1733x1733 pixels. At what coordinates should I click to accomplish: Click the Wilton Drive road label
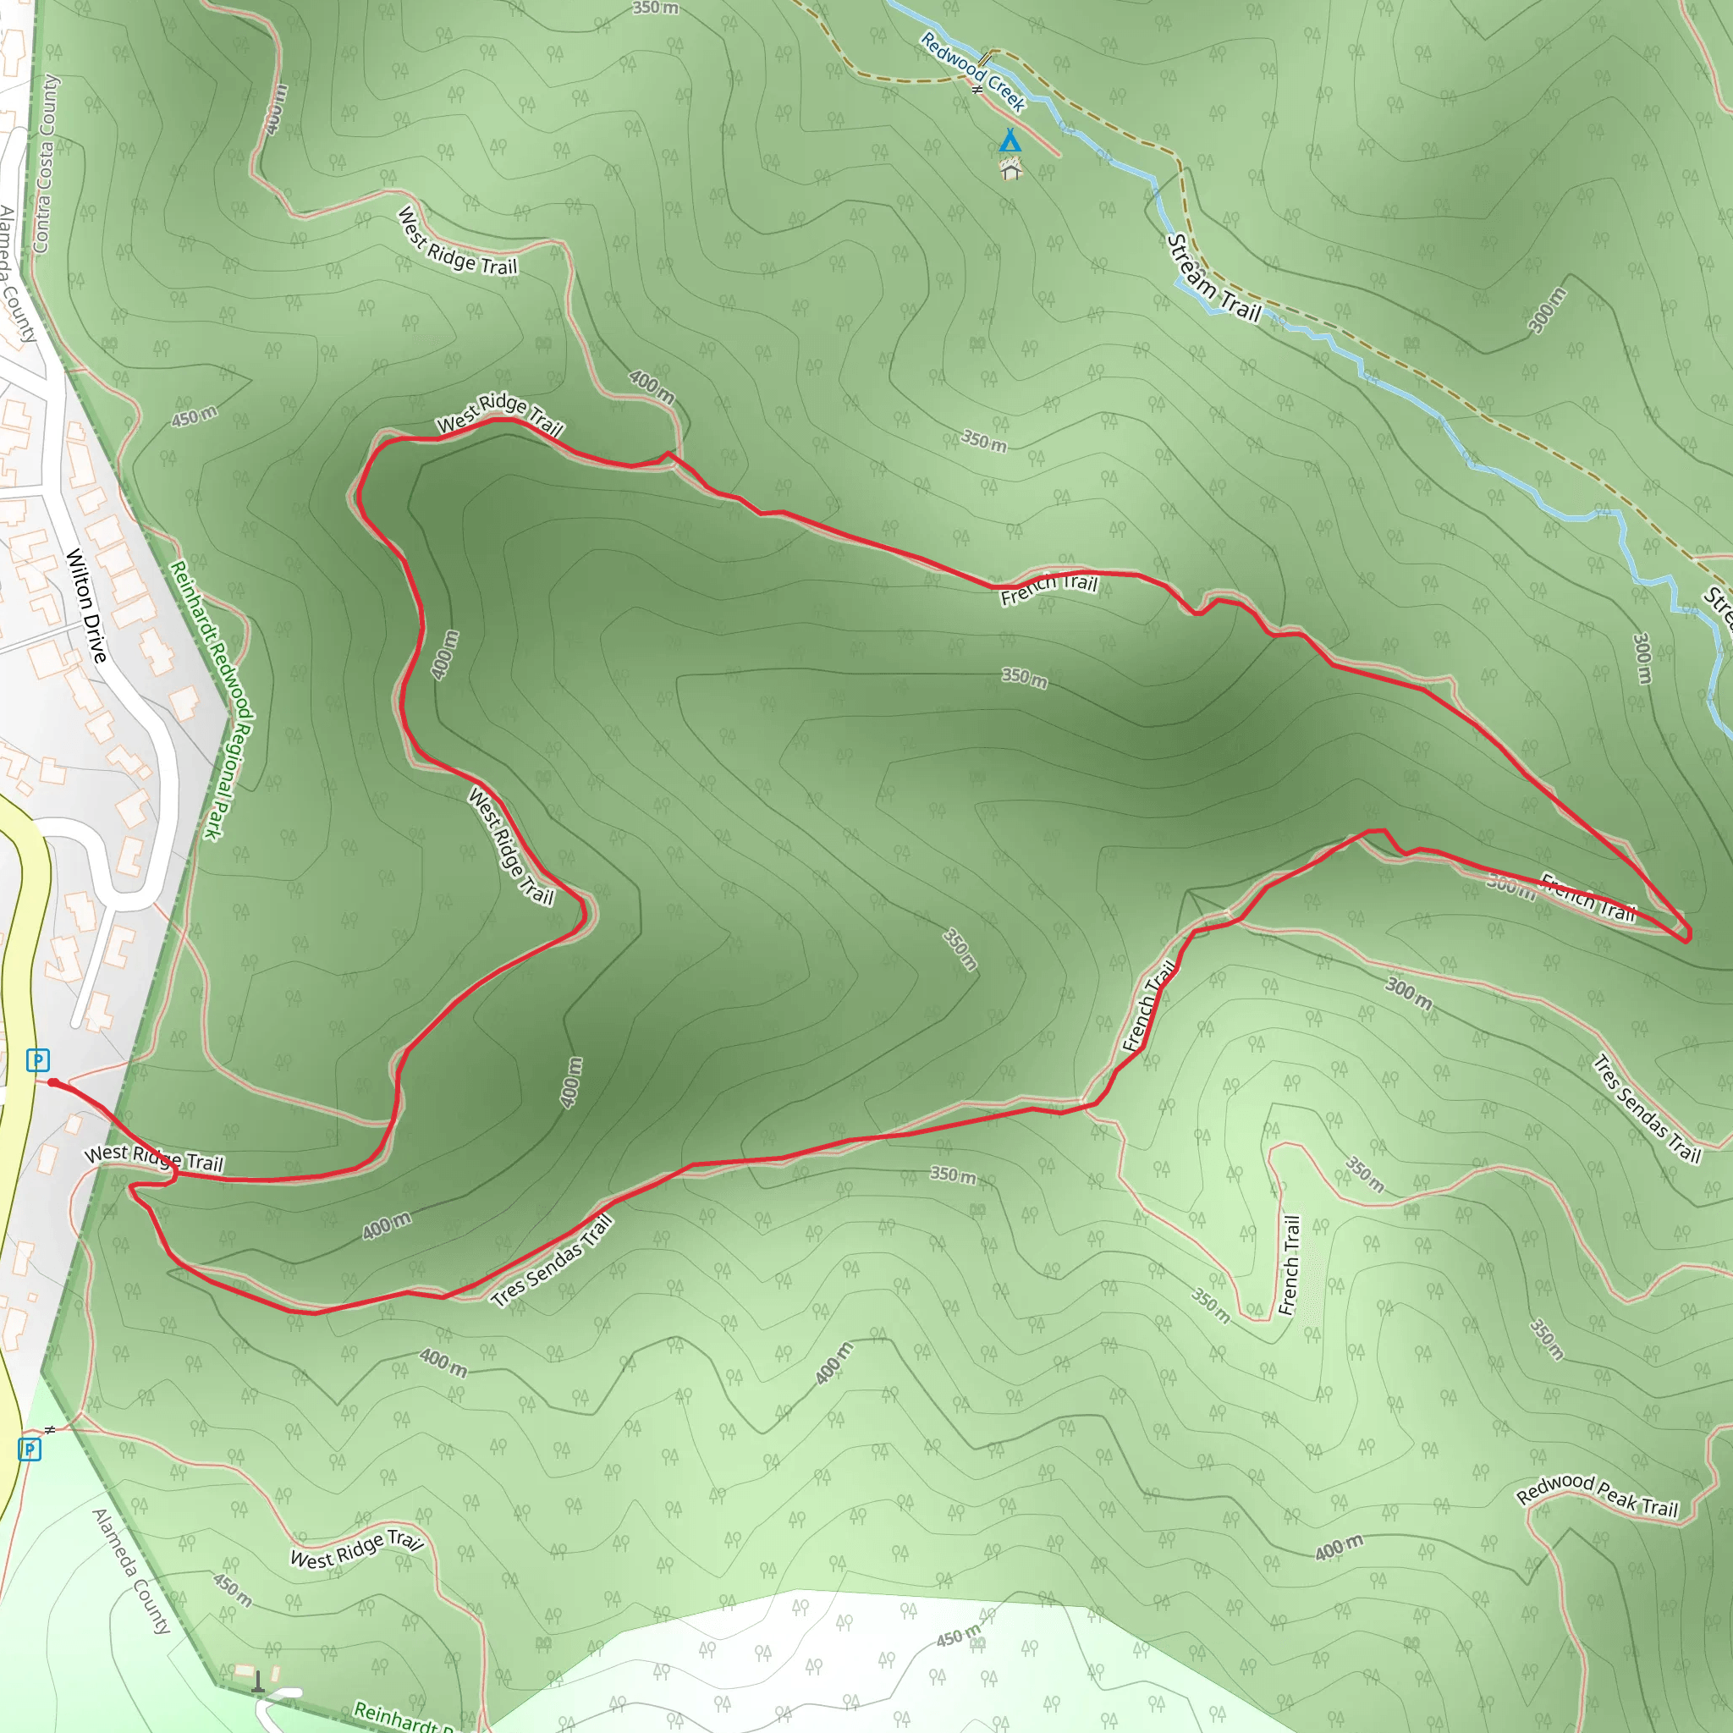pyautogui.click(x=86, y=606)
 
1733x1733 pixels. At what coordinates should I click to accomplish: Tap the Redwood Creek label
pyautogui.click(x=972, y=72)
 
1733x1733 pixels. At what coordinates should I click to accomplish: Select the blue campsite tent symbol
pyautogui.click(x=1010, y=140)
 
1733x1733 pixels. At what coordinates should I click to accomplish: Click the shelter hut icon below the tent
pyautogui.click(x=1011, y=168)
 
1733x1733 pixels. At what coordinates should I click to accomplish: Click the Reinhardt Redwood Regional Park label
pyautogui.click(x=212, y=700)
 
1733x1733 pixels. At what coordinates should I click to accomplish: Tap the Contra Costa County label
pyautogui.click(x=45, y=163)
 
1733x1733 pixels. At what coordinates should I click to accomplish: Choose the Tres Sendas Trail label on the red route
pyautogui.click(x=553, y=1259)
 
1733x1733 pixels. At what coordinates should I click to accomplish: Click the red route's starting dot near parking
pyautogui.click(x=53, y=1082)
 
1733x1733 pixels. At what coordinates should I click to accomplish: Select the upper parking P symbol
pyautogui.click(x=38, y=1060)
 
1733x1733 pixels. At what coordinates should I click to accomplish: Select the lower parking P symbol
pyautogui.click(x=30, y=1449)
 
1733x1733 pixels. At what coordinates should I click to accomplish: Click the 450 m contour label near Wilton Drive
pyautogui.click(x=195, y=416)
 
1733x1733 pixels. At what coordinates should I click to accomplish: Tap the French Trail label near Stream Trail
pyautogui.click(x=1048, y=589)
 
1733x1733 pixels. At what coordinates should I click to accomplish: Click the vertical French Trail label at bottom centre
pyautogui.click(x=1290, y=1265)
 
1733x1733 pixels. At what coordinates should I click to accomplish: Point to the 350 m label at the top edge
pyautogui.click(x=655, y=8)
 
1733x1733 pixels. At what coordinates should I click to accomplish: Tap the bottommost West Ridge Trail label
pyautogui.click(x=356, y=1550)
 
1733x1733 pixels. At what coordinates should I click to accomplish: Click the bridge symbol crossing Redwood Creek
pyautogui.click(x=985, y=60)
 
